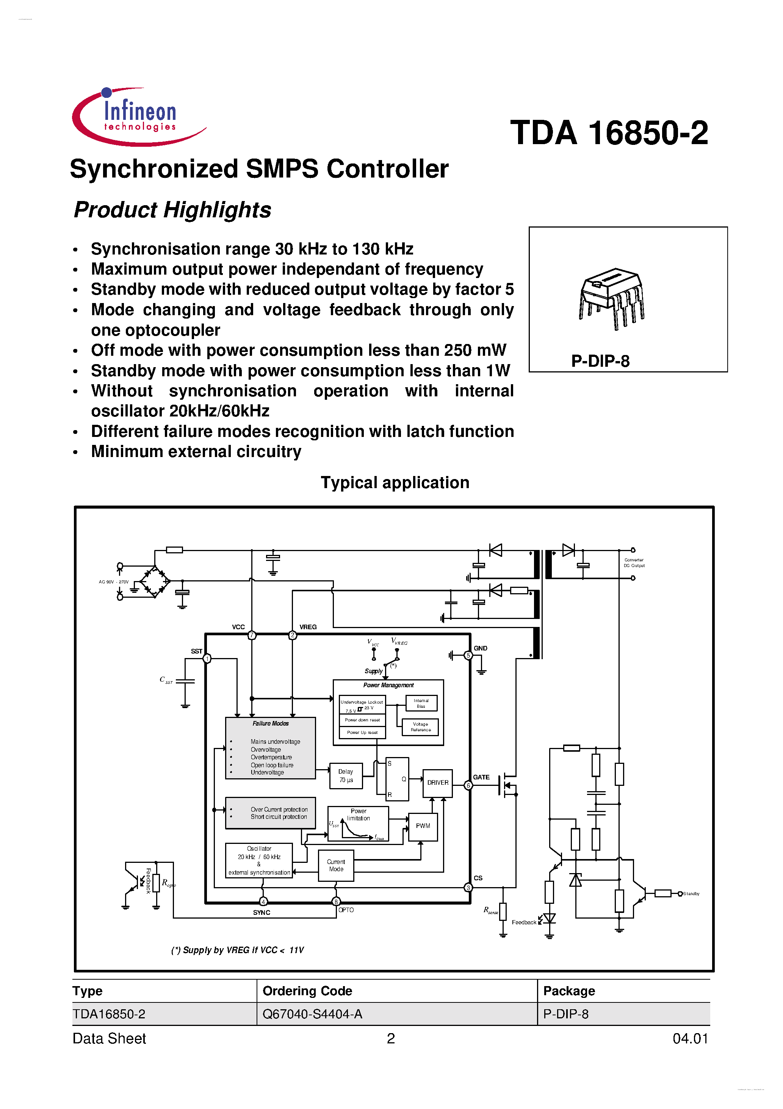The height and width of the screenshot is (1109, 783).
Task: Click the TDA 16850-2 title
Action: pos(609,133)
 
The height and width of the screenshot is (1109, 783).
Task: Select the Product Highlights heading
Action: pos(172,210)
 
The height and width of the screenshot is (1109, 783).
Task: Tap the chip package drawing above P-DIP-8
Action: pos(611,298)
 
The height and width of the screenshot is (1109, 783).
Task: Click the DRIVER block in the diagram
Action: pos(437,782)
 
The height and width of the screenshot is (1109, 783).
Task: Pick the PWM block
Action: pos(423,826)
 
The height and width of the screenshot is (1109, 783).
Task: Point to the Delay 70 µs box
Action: pos(346,776)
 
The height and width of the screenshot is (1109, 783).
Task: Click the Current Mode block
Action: pos(336,866)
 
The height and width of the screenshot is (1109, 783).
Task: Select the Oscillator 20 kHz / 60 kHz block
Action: pos(259,860)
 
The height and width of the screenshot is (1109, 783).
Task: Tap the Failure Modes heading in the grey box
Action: pos(270,724)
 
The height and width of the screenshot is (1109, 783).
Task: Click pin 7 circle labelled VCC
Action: pos(252,635)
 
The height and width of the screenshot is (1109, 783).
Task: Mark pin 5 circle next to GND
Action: pos(468,655)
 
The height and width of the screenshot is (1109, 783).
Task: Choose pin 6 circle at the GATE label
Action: pos(468,785)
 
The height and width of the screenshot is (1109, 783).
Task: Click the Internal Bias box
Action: pos(421,703)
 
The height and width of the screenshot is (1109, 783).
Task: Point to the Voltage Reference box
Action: pos(420,727)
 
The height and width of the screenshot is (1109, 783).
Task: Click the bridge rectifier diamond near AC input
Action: pos(155,582)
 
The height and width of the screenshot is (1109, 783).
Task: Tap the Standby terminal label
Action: pos(691,894)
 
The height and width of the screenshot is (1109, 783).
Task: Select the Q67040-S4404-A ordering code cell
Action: pos(312,1014)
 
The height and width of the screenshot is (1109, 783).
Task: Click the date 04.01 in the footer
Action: pos(690,1038)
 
